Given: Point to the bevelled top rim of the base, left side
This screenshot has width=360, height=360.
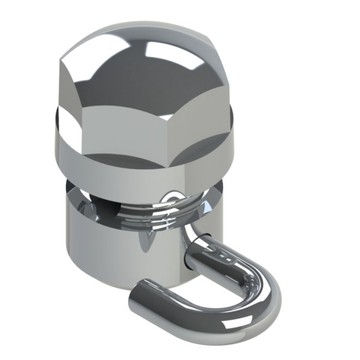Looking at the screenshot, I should (x=77, y=201).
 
